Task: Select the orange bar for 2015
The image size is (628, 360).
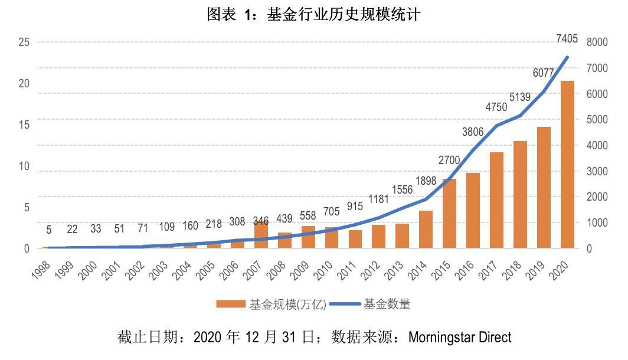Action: pyautogui.click(x=449, y=213)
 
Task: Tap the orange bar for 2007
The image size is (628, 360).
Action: pyautogui.click(x=261, y=235)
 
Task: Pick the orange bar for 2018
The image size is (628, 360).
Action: pyautogui.click(x=520, y=194)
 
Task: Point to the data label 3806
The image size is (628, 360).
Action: pyautogui.click(x=474, y=133)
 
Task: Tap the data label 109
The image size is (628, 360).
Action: pyautogui.click(x=166, y=227)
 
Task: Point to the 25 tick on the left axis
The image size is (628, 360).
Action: pyautogui.click(x=24, y=42)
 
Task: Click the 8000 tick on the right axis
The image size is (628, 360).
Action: pyautogui.click(x=597, y=42)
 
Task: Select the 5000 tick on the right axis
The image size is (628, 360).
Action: pyautogui.click(x=597, y=119)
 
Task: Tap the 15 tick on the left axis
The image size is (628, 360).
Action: pyautogui.click(x=24, y=125)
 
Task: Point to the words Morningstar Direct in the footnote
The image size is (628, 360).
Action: pyautogui.click(x=460, y=338)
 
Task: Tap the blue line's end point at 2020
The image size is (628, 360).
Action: pyautogui.click(x=567, y=57)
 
